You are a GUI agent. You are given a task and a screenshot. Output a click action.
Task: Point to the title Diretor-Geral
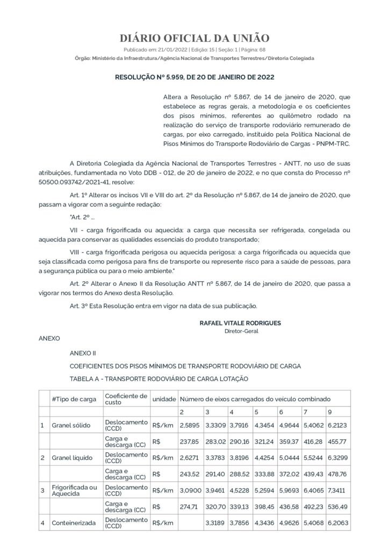point(241,331)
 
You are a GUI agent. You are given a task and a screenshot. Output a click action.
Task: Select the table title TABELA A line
point(159,379)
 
